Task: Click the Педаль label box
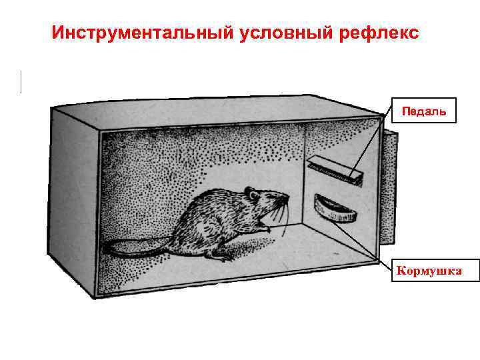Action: click(428, 111)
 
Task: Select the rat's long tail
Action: click(133, 248)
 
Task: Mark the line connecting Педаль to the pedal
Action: click(369, 147)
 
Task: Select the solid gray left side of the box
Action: click(74, 200)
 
